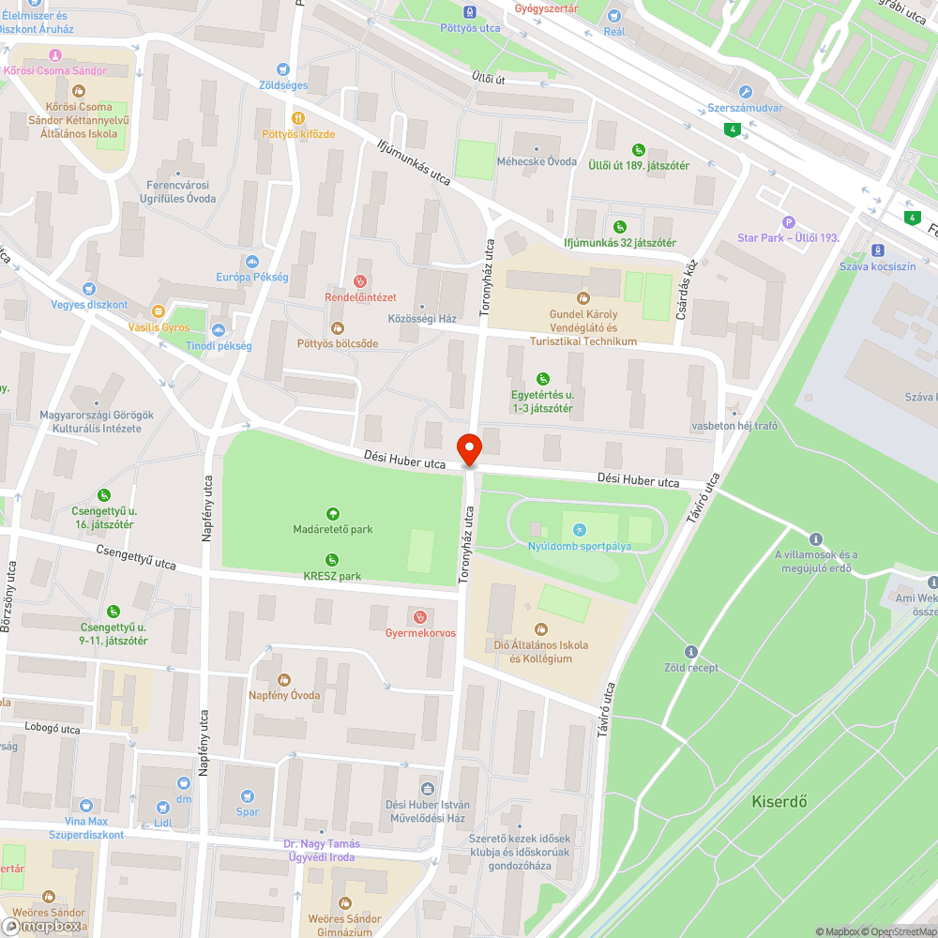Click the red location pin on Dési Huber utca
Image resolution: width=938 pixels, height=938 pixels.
pyautogui.click(x=469, y=449)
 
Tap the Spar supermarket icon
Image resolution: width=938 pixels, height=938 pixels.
pyautogui.click(x=248, y=795)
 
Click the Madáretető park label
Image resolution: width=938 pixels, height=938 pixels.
pyautogui.click(x=332, y=529)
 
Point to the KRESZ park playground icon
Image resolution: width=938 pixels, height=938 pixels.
pyautogui.click(x=332, y=560)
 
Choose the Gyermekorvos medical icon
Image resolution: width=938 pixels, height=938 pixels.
pyautogui.click(x=420, y=616)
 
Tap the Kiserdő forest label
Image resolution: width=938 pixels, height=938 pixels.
pyautogui.click(x=779, y=802)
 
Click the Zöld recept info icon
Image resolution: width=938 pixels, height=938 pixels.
pyautogui.click(x=691, y=651)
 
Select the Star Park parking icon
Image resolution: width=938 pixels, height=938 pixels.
pyautogui.click(x=789, y=221)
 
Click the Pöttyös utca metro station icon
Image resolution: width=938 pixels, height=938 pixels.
pyautogui.click(x=470, y=12)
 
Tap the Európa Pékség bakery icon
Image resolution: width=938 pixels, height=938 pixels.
pyautogui.click(x=251, y=261)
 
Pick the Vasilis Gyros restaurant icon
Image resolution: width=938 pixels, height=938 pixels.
pyautogui.click(x=159, y=311)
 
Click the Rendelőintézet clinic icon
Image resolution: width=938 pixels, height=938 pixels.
pyautogui.click(x=359, y=280)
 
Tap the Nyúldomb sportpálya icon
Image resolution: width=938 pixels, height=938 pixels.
pyautogui.click(x=579, y=530)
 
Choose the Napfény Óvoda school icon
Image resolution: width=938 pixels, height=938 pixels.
pyautogui.click(x=284, y=679)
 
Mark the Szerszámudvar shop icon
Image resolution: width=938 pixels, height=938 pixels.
pyautogui.click(x=746, y=92)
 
